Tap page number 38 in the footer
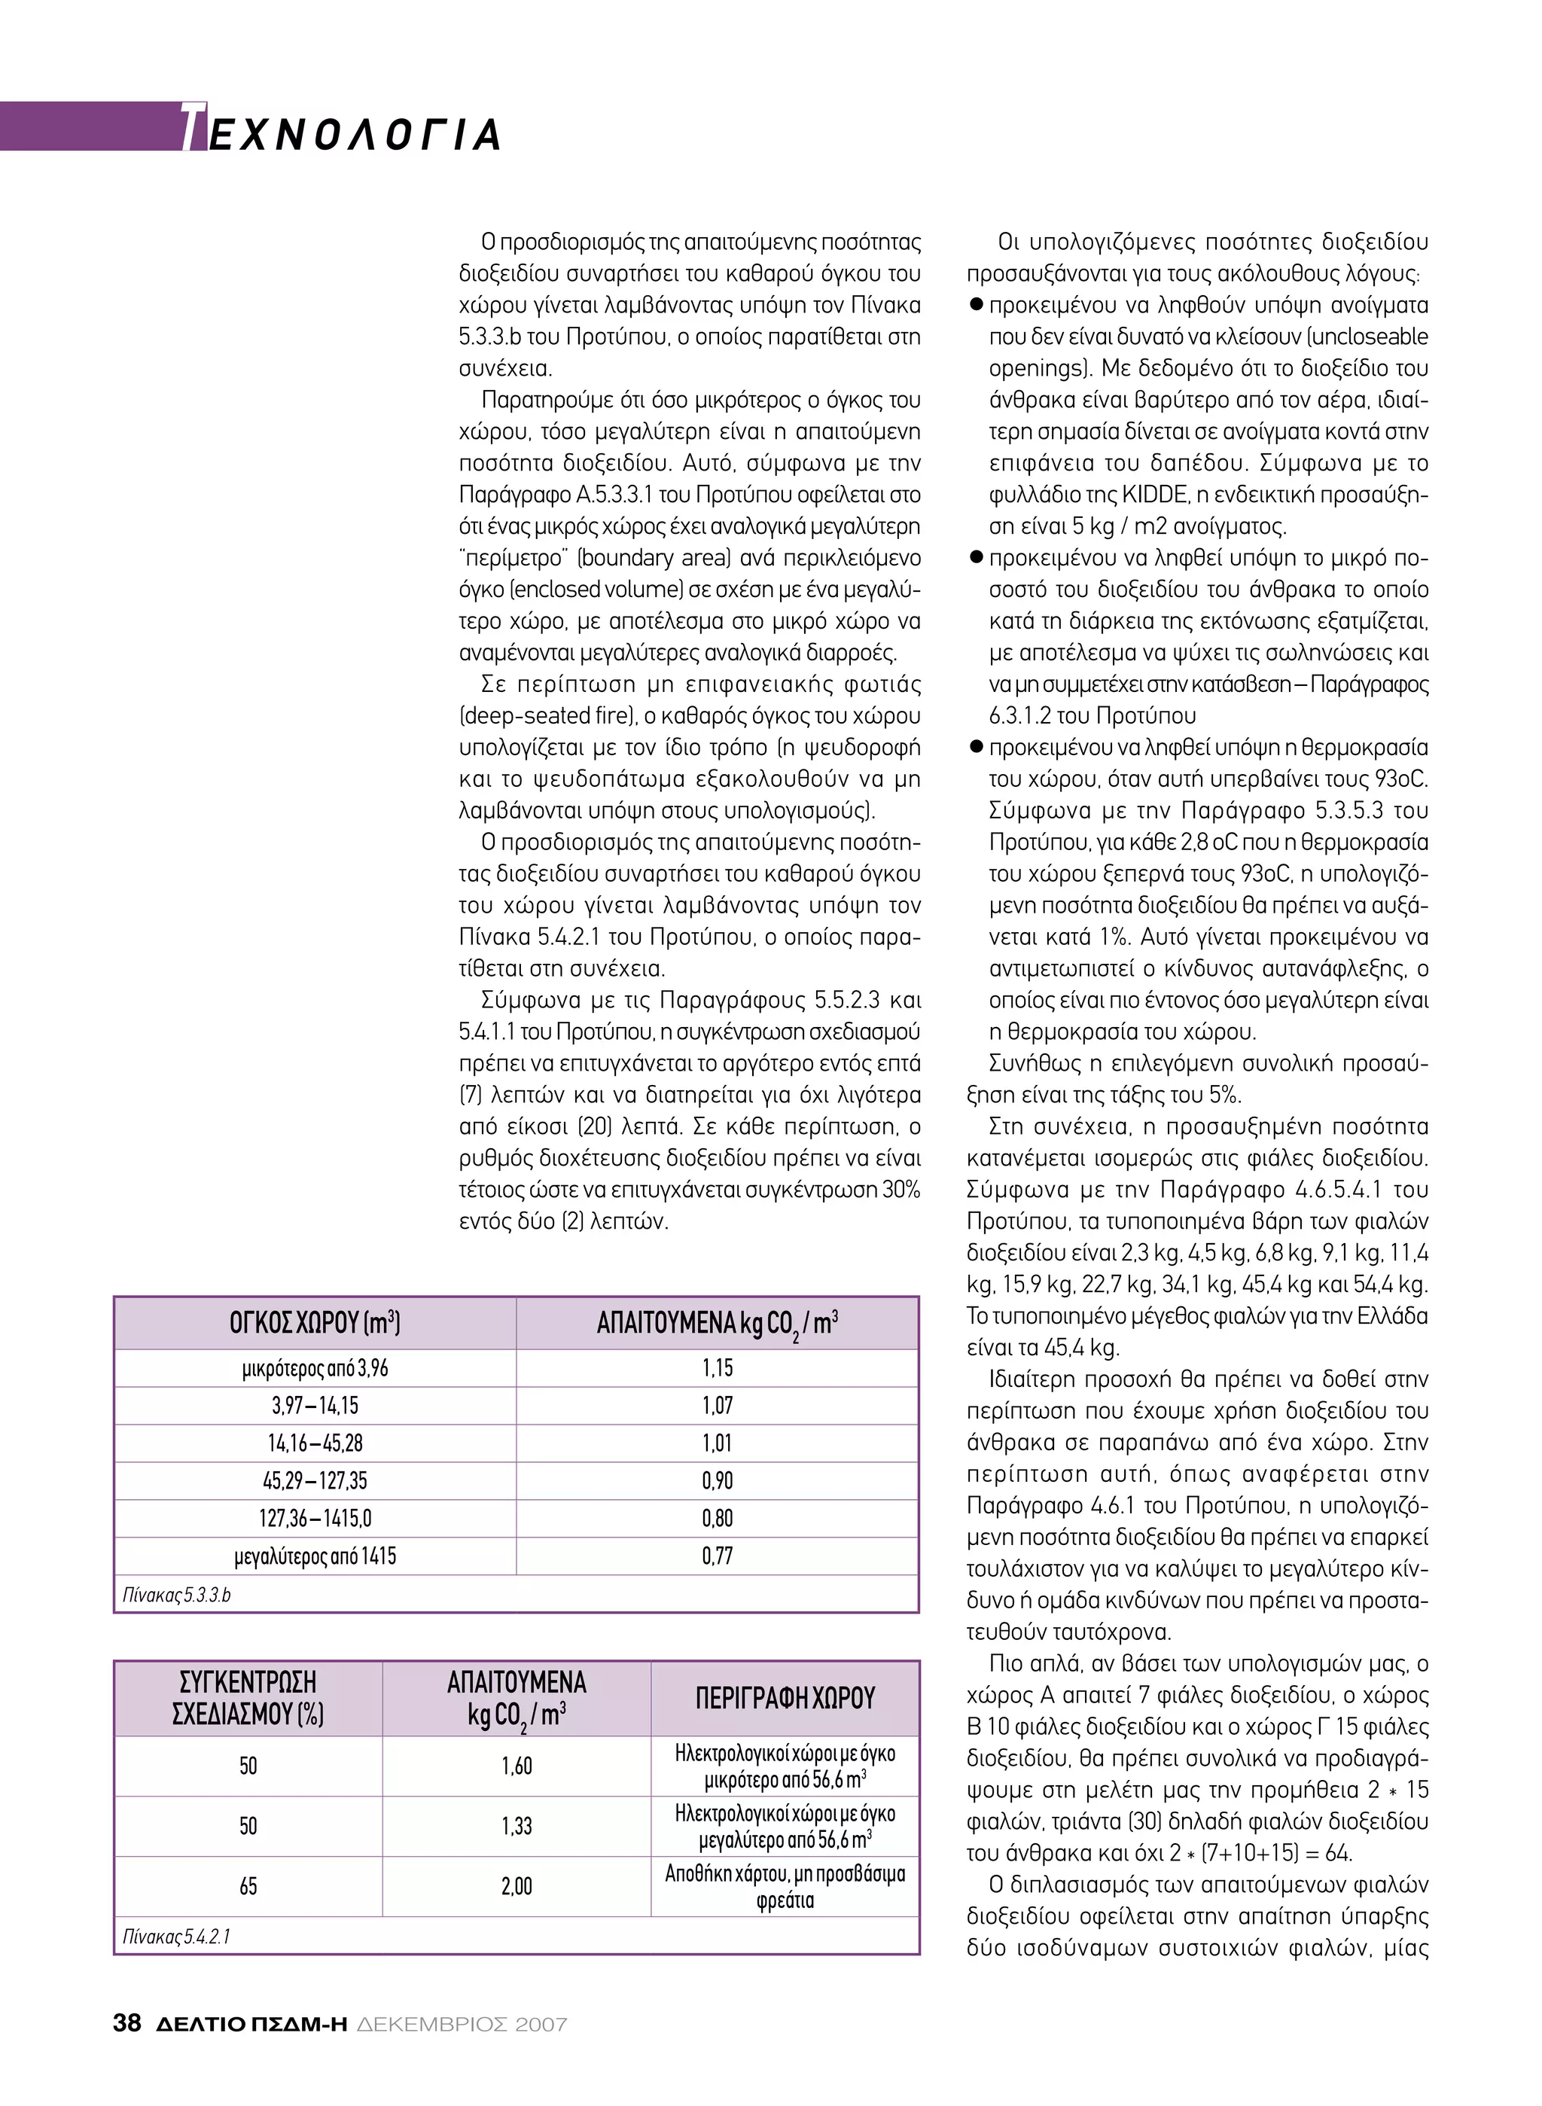(127, 2023)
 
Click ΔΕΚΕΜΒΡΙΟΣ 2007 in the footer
(462, 2024)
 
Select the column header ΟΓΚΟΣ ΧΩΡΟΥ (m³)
(315, 1323)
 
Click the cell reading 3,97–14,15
(315, 1405)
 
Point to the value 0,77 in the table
(717, 1556)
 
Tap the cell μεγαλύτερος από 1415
(315, 1556)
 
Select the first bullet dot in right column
(977, 305)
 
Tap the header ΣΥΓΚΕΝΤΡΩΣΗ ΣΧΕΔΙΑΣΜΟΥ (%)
(248, 1698)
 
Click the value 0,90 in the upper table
(717, 1480)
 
